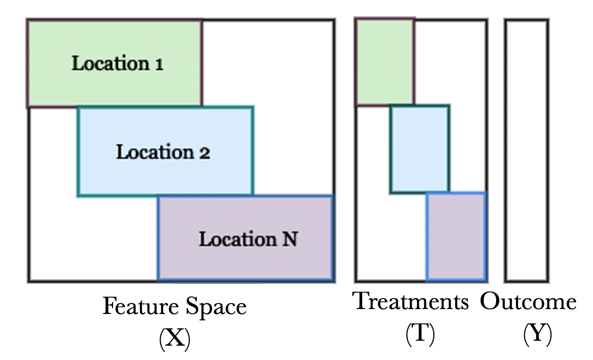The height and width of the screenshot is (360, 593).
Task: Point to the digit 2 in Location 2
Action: (205, 152)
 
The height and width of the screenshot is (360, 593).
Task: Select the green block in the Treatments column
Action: (385, 62)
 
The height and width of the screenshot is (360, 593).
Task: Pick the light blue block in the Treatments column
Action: (420, 149)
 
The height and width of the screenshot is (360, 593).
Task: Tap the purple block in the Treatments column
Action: (456, 236)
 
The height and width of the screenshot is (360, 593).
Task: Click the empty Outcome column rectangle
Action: (526, 150)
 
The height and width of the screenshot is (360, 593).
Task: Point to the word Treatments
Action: (411, 301)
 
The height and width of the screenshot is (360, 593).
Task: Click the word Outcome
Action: (528, 301)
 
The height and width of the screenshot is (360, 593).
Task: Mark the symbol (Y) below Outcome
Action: (537, 335)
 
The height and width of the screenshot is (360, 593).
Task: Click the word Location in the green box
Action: (110, 64)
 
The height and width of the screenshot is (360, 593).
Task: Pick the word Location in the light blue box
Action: (154, 152)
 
